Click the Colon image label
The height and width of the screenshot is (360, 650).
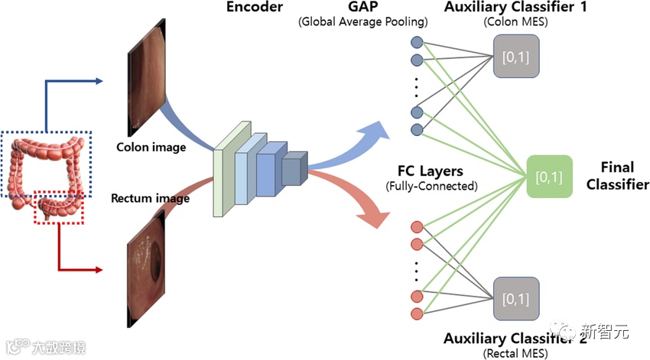tap(151, 146)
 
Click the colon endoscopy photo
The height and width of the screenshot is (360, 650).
tap(145, 85)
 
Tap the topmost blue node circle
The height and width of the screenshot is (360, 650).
tap(417, 43)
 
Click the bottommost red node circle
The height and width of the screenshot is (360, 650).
tap(417, 313)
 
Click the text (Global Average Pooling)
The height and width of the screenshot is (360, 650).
tap(362, 22)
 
